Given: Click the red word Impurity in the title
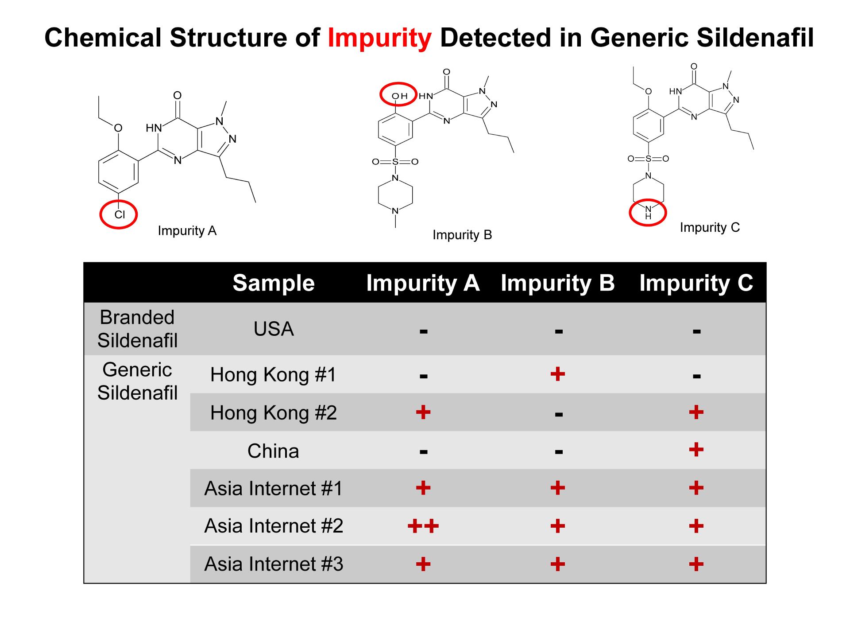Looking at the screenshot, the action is tap(379, 38).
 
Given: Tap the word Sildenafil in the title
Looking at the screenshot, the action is tap(755, 37).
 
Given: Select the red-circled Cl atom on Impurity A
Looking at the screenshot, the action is tap(119, 214).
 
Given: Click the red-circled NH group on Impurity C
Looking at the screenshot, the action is tap(648, 213).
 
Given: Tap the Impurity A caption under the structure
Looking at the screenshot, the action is tap(187, 231).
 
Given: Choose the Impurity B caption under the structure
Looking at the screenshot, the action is tap(462, 235).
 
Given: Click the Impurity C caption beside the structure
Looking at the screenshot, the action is tap(710, 227).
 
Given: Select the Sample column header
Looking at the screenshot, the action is tap(274, 283).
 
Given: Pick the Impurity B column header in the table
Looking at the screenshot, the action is tap(558, 283).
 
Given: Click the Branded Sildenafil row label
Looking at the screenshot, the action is tap(137, 329).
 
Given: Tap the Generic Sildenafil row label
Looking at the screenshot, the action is tap(137, 381).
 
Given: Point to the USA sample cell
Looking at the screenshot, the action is tap(274, 329).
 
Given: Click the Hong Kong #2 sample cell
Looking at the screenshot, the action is tap(274, 412).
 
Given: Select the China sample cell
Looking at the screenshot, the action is tap(273, 451).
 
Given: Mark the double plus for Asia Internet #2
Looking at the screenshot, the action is tap(423, 526).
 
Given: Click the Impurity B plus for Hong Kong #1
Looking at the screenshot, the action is tap(558, 374).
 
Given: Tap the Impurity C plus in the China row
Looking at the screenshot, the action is tap(696, 450).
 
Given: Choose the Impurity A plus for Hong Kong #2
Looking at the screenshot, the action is tap(423, 412).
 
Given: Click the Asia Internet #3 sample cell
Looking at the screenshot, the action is tap(274, 564).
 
